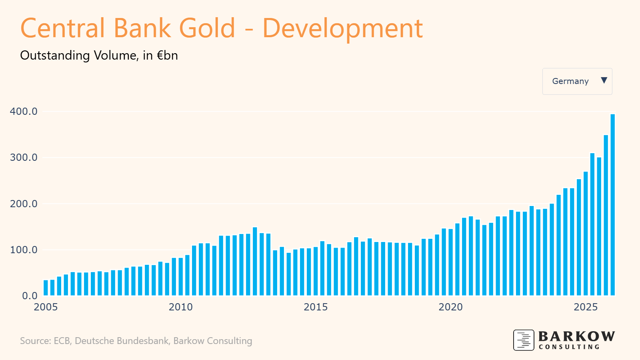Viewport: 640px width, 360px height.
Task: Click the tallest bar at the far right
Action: pyautogui.click(x=612, y=205)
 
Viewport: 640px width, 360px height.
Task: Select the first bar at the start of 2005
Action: pyautogui.click(x=46, y=288)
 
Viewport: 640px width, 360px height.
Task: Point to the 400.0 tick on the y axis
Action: pyautogui.click(x=24, y=112)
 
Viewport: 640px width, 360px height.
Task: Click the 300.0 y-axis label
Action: pyautogui.click(x=24, y=158)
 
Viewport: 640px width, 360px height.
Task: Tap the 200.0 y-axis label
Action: pyautogui.click(x=24, y=204)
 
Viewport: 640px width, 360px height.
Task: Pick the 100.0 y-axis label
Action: pyautogui.click(x=24, y=250)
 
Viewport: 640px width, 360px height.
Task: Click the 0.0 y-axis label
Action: pyautogui.click(x=30, y=296)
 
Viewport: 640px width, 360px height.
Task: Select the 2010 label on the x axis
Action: pyautogui.click(x=180, y=307)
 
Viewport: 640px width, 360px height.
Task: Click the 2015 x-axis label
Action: pyautogui.click(x=316, y=307)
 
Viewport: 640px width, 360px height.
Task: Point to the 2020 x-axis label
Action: pyautogui.click(x=450, y=307)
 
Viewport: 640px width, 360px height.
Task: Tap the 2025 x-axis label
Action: pyautogui.click(x=586, y=307)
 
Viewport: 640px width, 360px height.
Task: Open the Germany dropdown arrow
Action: pyautogui.click(x=604, y=80)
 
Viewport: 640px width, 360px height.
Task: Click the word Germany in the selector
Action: pyautogui.click(x=570, y=81)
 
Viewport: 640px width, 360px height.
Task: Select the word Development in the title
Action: pyautogui.click(x=342, y=28)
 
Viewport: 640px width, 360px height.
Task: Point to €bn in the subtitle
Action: pyautogui.click(x=167, y=55)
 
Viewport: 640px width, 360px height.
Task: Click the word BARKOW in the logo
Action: pyautogui.click(x=576, y=336)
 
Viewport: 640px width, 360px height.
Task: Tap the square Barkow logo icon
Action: pyautogui.click(x=524, y=340)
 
